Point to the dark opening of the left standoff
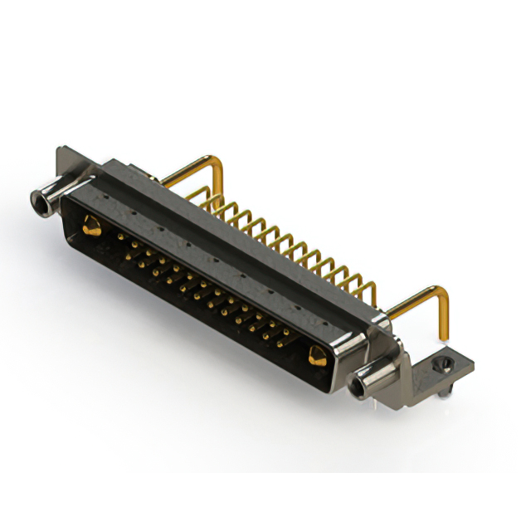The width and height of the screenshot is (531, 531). coord(37,199)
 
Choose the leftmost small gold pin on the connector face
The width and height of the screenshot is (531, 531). coord(119,237)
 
